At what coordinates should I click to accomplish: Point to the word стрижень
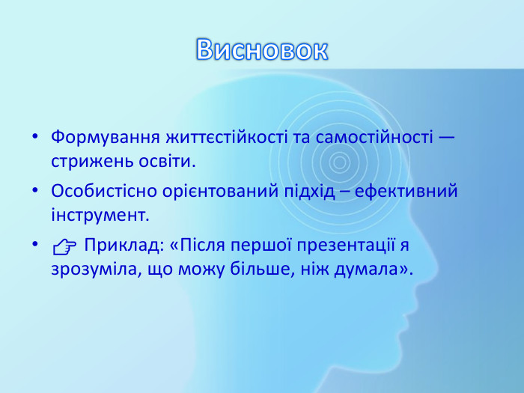[x=85, y=161]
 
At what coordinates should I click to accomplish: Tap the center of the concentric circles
[x=339, y=160]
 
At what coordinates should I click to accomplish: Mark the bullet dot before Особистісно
[x=35, y=193]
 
